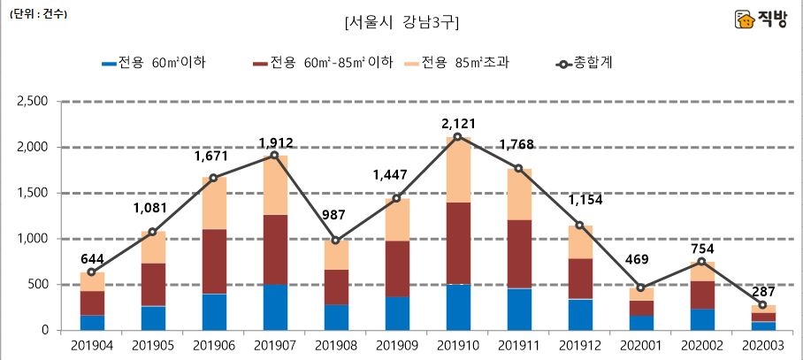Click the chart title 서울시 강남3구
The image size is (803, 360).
(401, 21)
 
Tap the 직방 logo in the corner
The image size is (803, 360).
(763, 19)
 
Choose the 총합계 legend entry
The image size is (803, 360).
(584, 64)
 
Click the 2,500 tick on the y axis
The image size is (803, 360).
(32, 101)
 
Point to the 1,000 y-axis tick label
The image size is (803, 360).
(32, 239)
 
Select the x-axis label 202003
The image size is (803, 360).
(762, 347)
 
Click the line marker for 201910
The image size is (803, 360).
(457, 136)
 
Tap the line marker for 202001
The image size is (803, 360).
(640, 287)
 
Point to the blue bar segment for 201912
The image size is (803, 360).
(579, 314)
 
